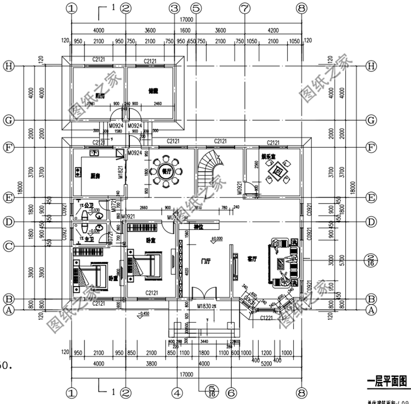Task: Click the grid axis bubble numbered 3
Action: (x=175, y=8)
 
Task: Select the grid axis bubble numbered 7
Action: (x=244, y=8)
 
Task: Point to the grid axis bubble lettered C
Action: (x=8, y=246)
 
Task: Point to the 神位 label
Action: (x=198, y=226)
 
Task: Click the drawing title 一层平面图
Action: (x=386, y=379)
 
